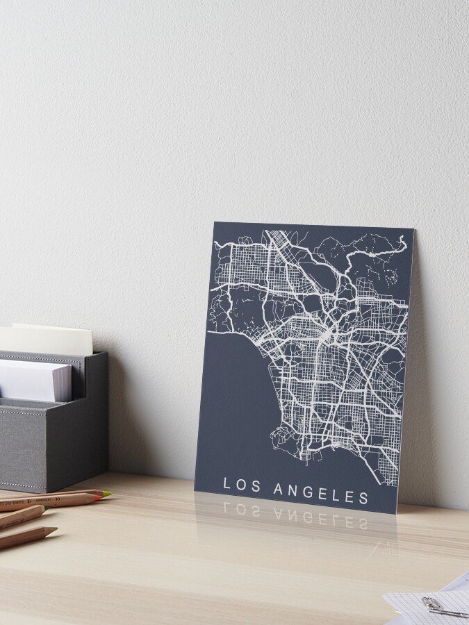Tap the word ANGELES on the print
(x=321, y=492)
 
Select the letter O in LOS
(x=242, y=485)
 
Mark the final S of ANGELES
(x=363, y=497)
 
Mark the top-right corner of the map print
(x=414, y=231)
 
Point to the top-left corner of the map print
(x=215, y=222)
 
